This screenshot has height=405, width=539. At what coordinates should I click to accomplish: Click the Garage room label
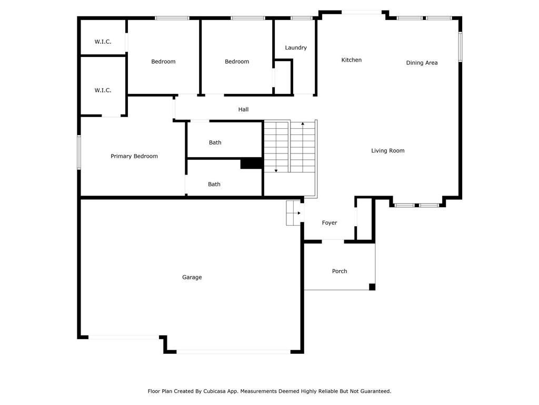(x=192, y=277)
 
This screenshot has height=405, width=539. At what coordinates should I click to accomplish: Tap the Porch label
(x=340, y=271)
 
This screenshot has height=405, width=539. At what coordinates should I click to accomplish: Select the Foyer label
(x=330, y=223)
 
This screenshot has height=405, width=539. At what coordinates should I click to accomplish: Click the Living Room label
(x=388, y=150)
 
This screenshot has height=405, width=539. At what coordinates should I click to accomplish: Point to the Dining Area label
(x=422, y=63)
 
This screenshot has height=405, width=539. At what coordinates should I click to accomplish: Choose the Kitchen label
(x=351, y=60)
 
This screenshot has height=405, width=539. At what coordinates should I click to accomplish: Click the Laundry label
(x=296, y=48)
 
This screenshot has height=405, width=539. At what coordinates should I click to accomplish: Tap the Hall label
(x=243, y=110)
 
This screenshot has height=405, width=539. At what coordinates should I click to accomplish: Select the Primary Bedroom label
(x=134, y=156)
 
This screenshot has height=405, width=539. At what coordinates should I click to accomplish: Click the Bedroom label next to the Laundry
(x=237, y=62)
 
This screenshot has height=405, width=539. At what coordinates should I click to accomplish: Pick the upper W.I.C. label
(x=103, y=42)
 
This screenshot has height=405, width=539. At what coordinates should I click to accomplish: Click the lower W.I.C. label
(x=103, y=90)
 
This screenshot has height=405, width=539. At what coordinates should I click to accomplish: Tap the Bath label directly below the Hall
(x=215, y=142)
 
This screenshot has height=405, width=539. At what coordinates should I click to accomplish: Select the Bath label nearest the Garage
(x=214, y=184)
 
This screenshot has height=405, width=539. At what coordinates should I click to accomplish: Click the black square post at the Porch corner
(x=372, y=286)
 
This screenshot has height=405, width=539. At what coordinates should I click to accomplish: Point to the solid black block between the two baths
(x=252, y=163)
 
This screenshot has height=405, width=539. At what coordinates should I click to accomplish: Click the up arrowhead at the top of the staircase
(x=303, y=123)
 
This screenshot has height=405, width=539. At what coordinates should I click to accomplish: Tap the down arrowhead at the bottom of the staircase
(x=276, y=171)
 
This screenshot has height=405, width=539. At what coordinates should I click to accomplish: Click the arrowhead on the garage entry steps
(x=299, y=213)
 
